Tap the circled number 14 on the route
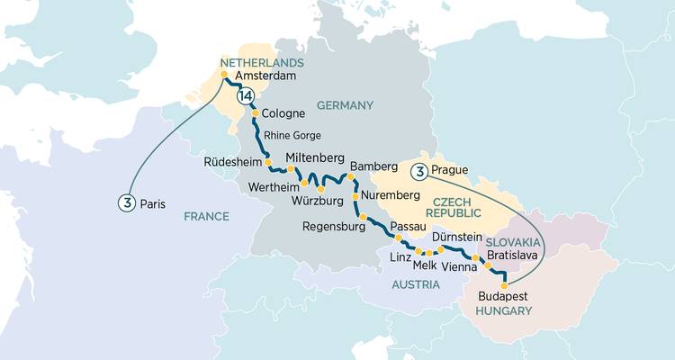click(244, 96)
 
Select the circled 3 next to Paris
click(125, 203)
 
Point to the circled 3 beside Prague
click(418, 171)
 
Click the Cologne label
click(283, 114)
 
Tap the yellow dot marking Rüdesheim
click(255, 164)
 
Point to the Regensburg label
click(334, 227)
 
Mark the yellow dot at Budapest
click(503, 278)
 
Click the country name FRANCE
click(208, 216)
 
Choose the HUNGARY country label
click(503, 310)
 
